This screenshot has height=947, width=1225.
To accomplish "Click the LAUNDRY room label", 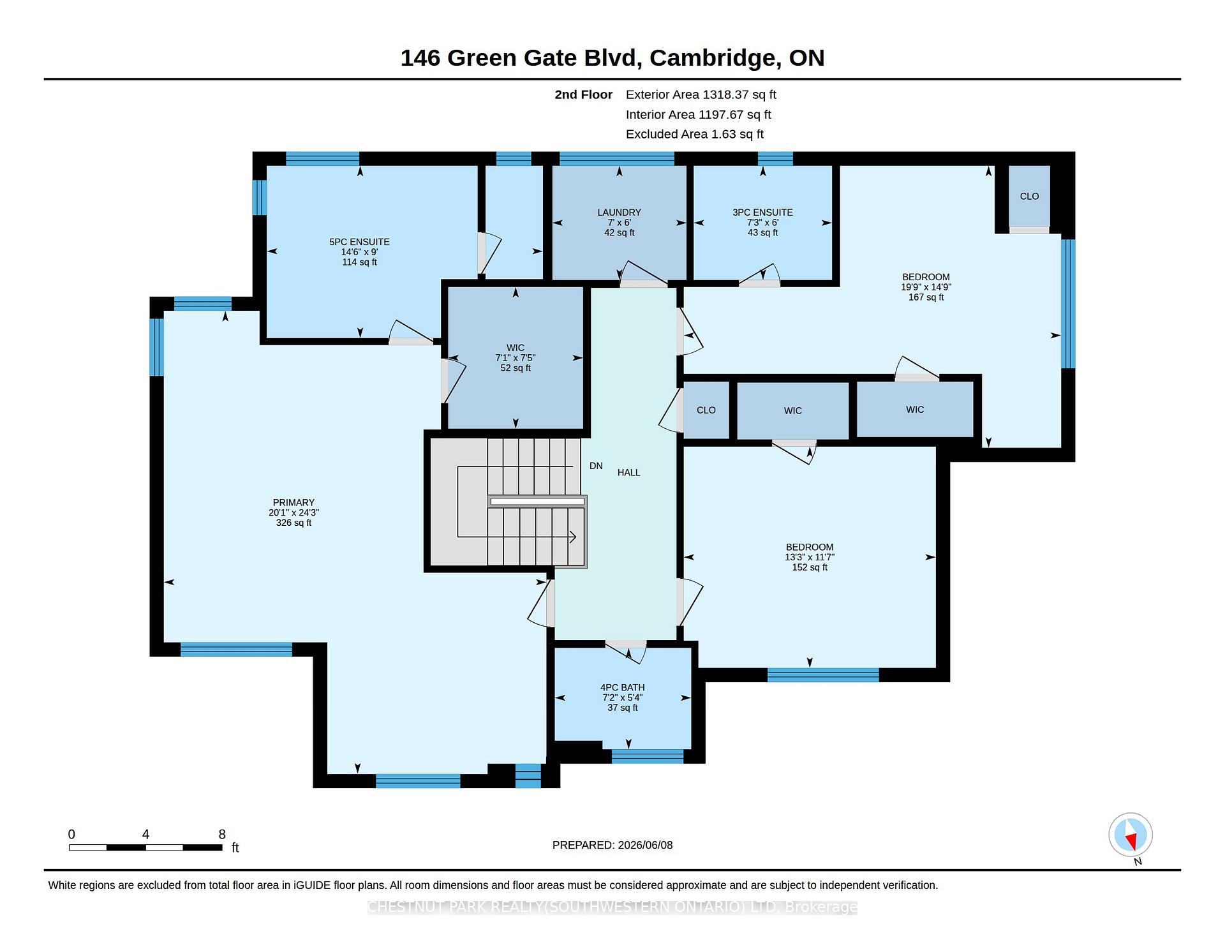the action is [619, 213].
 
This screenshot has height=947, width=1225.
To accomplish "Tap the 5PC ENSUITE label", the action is [359, 242].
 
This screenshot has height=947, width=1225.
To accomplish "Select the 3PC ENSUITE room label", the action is [762, 213].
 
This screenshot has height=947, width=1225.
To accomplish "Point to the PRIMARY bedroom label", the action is [293, 502].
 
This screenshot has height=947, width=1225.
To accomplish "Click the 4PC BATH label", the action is [622, 687].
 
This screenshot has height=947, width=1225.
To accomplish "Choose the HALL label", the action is [628, 472].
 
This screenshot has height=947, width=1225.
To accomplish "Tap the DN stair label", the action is [596, 466].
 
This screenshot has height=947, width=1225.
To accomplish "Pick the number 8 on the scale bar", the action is [222, 834].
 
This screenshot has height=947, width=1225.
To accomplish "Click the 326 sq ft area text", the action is [293, 523].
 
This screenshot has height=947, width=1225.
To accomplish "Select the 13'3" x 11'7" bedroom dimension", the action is [810, 557].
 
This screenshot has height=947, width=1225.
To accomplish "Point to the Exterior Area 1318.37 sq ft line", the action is [701, 94].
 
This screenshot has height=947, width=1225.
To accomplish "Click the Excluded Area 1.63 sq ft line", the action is [694, 134].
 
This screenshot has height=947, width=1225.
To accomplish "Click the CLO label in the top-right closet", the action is [1029, 197].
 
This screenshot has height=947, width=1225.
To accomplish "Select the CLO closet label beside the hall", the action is [706, 410].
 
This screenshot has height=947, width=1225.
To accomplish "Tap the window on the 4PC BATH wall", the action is [648, 756].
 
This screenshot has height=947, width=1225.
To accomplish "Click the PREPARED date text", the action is [612, 845].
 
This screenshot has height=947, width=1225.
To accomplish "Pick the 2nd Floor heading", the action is [583, 94].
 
